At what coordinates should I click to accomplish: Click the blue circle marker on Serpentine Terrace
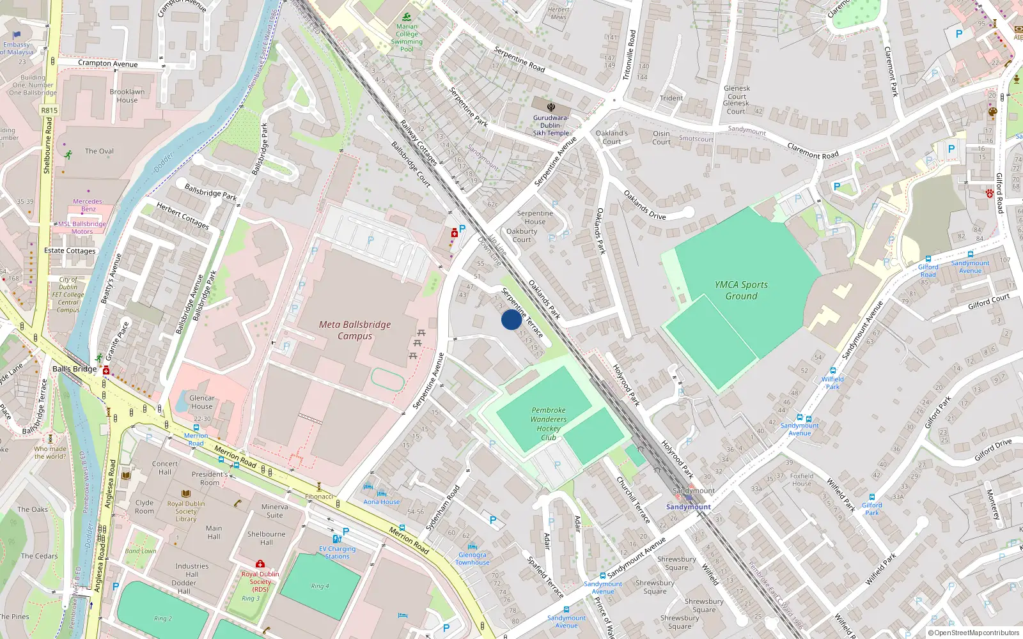[x=511, y=319]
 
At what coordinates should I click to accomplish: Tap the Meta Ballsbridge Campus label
[x=355, y=330]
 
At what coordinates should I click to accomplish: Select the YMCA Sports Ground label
[x=741, y=291]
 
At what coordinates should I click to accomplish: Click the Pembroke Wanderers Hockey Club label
[x=548, y=424]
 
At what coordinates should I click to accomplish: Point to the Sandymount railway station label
[x=688, y=507]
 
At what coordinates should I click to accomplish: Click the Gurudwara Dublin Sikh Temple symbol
[x=551, y=107]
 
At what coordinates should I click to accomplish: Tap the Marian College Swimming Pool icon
[x=407, y=17]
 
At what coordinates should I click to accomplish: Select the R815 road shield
[x=49, y=111]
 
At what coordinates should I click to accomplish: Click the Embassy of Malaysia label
[x=17, y=49]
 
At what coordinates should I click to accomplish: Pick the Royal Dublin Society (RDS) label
[x=260, y=581]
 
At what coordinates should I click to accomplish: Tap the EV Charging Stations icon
[x=337, y=539]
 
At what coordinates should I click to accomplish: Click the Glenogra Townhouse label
[x=472, y=558]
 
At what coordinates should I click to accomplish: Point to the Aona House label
[x=381, y=502]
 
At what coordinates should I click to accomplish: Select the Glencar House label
[x=201, y=402]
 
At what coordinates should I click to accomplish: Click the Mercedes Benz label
[x=88, y=205]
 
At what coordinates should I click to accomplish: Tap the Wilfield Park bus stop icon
[x=832, y=371]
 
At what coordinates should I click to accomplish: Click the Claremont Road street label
[x=813, y=151]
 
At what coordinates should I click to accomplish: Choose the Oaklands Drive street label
[x=644, y=205]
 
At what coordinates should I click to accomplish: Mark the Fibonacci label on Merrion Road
[x=319, y=497]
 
